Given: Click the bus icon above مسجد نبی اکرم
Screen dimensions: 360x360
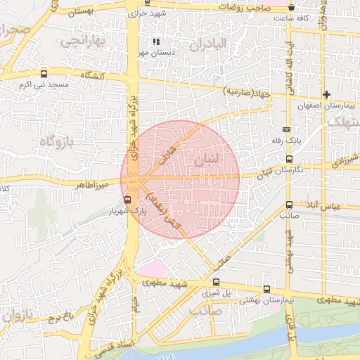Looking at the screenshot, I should coord(44,74).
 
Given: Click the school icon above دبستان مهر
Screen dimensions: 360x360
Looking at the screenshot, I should coord(155,42).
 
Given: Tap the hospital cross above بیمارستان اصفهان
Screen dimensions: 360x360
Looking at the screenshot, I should coord(326,94).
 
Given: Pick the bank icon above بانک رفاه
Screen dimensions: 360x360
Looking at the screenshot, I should coord(286,129).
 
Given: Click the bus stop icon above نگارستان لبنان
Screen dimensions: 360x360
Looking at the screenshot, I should coord(289,160).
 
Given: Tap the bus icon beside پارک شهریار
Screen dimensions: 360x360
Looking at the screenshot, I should coord(127,200).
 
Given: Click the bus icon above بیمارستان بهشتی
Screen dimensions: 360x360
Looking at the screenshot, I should coord(266,289).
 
